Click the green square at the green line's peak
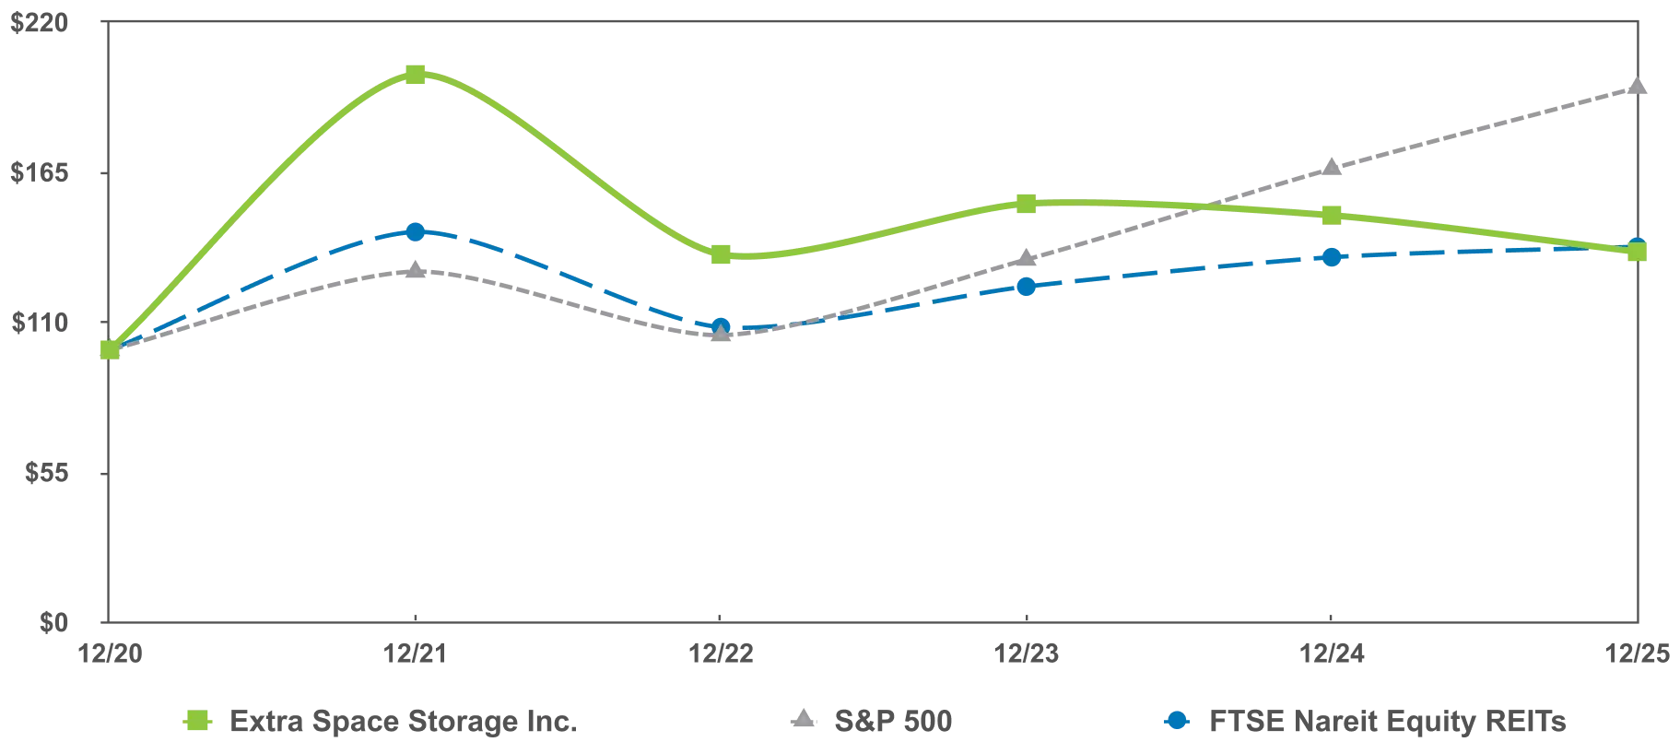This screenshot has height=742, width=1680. pos(416,74)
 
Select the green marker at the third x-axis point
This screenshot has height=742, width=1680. pos(722,254)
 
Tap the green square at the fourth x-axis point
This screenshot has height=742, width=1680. pos(1028,203)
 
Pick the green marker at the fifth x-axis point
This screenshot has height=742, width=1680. pos(1332,215)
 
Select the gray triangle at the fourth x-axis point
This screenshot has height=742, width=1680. pos(1028,261)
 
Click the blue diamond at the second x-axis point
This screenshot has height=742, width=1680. pos(416,231)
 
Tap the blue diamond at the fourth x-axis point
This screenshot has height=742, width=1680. pos(1028,288)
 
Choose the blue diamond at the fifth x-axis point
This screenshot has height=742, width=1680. pos(1332,256)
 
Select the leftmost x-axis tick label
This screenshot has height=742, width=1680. pos(111,654)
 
